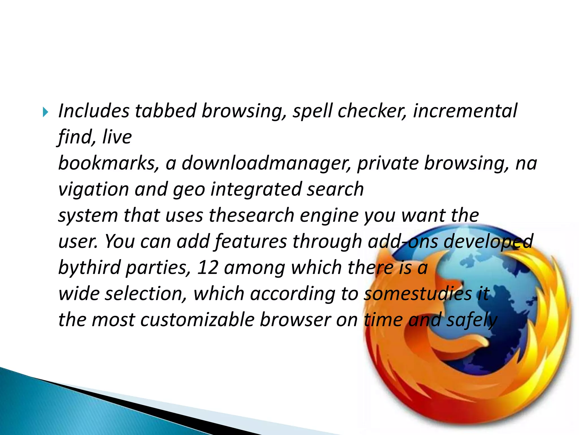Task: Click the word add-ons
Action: tap(403, 242)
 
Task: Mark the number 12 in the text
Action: tap(208, 267)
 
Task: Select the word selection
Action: tap(146, 294)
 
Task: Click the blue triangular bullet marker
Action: tap(46, 112)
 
